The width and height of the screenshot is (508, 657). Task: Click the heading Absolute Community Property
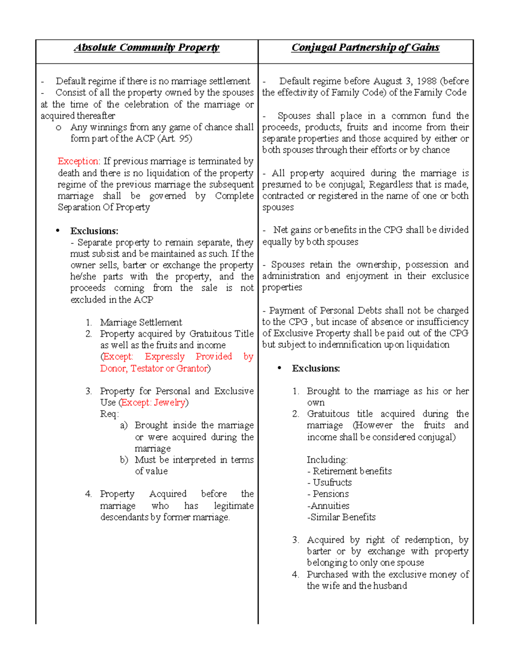pyautogui.click(x=146, y=47)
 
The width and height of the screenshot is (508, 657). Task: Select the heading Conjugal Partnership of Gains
pyautogui.click(x=365, y=47)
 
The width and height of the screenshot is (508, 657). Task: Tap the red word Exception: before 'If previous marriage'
pyautogui.click(x=79, y=161)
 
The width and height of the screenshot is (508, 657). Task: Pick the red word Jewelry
pyautogui.click(x=169, y=402)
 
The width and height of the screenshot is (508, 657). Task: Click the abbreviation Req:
pyautogui.click(x=109, y=414)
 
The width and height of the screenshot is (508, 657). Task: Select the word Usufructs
pyautogui.click(x=332, y=482)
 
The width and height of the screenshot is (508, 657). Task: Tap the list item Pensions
pyautogui.click(x=330, y=494)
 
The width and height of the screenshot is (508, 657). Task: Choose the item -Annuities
pyautogui.click(x=328, y=506)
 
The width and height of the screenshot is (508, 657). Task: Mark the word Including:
pyautogui.click(x=327, y=459)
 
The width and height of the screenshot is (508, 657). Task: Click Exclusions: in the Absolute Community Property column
pyautogui.click(x=94, y=231)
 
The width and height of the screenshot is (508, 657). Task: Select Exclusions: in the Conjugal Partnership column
pyautogui.click(x=316, y=368)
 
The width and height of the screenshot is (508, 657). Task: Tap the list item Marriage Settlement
pyautogui.click(x=141, y=322)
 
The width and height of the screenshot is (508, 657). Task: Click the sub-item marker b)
pyautogui.click(x=124, y=460)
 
